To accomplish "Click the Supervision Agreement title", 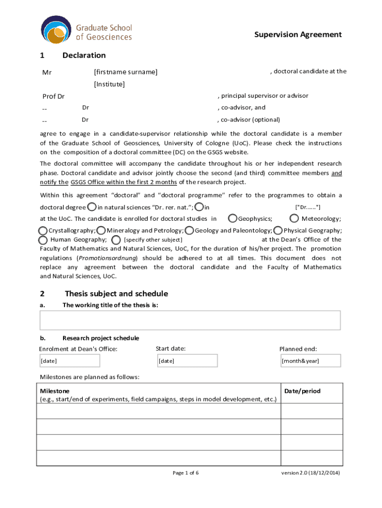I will pyautogui.click(x=298, y=34).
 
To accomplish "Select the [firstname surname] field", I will pyautogui.click(x=126, y=72).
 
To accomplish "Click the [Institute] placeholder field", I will pyautogui.click(x=109, y=84).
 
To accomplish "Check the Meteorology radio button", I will pyautogui.click(x=294, y=218).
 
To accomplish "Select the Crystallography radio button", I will pyautogui.click(x=43, y=230).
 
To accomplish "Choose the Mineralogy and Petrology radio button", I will pyautogui.click(x=101, y=230).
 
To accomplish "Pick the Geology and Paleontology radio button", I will pyautogui.click(x=189, y=230).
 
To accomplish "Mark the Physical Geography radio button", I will pyautogui.click(x=278, y=230).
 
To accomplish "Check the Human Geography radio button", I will pyautogui.click(x=43, y=240).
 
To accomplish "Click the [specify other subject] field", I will pyautogui.click(x=149, y=240).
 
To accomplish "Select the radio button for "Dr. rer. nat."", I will pyautogui.click(x=92, y=206).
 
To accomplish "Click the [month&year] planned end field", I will pyautogui.click(x=311, y=361).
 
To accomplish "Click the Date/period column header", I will pyautogui.click(x=302, y=391).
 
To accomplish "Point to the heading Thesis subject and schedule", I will pyautogui.click(x=116, y=294).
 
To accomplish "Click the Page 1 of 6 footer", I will pyautogui.click(x=186, y=473).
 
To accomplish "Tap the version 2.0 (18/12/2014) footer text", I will pyautogui.click(x=311, y=473).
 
